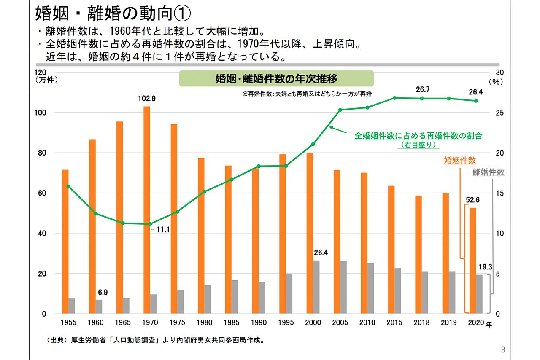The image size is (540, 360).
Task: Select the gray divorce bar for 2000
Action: pos(316,287)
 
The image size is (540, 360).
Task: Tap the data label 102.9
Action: pos(147,99)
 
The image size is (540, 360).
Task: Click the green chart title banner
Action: pos(276,79)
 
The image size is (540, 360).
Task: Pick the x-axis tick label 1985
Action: pos(232,323)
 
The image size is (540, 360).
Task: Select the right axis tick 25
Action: pos(500,113)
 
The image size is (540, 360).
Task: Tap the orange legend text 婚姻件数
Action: pos(460,161)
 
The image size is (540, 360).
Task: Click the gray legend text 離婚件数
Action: pos(488,172)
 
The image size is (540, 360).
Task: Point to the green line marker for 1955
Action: pos(68,186)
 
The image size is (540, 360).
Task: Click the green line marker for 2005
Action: pos(340,110)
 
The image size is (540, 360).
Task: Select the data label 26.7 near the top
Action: pos(422,90)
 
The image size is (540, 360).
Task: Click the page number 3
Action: pos(502,349)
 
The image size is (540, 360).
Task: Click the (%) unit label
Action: pos(497,82)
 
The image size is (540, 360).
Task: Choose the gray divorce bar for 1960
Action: pos(99,306)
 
